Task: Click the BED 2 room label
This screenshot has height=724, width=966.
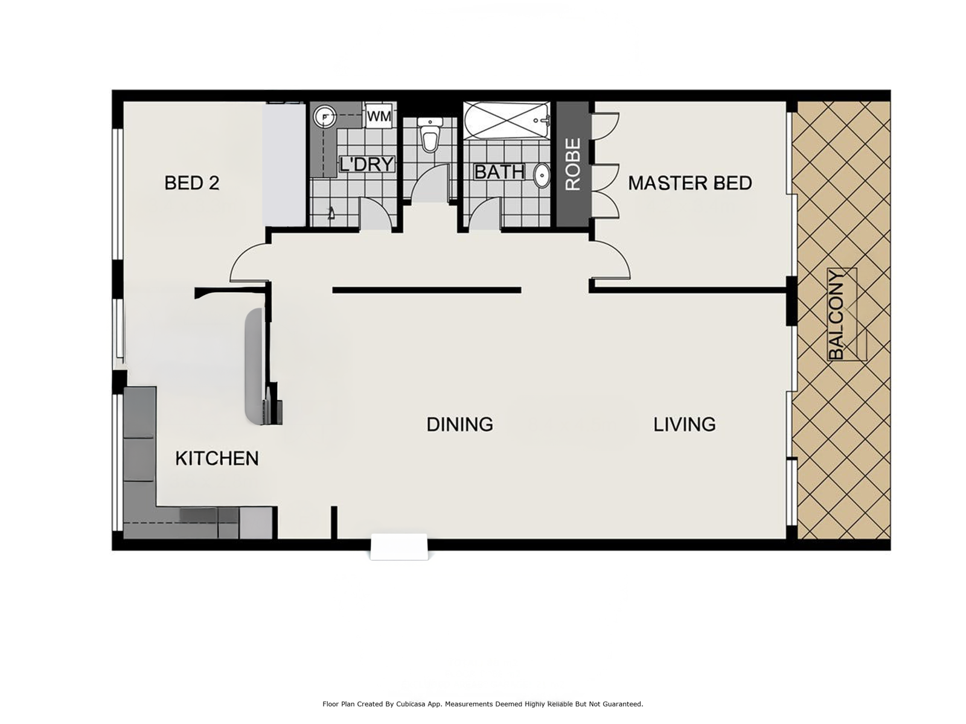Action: coord(191,183)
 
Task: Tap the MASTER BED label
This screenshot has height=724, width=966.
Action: coord(689,183)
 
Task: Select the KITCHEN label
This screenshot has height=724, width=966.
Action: coord(217,459)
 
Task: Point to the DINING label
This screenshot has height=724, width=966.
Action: coord(460,424)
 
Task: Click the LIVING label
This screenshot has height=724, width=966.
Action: coord(684,424)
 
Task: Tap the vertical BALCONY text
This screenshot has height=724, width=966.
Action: coord(836,315)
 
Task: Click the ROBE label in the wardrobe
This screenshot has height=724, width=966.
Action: coord(572,164)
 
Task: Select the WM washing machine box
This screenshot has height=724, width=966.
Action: coord(379,116)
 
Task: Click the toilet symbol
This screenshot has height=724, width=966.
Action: coord(429,134)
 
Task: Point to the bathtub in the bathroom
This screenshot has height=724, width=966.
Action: coord(506,121)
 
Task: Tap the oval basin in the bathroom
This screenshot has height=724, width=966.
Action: coord(542,176)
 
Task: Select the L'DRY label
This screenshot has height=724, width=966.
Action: coord(366,164)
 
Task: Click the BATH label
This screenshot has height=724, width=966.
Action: coord(499,171)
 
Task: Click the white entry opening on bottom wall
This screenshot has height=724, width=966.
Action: coord(399,547)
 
